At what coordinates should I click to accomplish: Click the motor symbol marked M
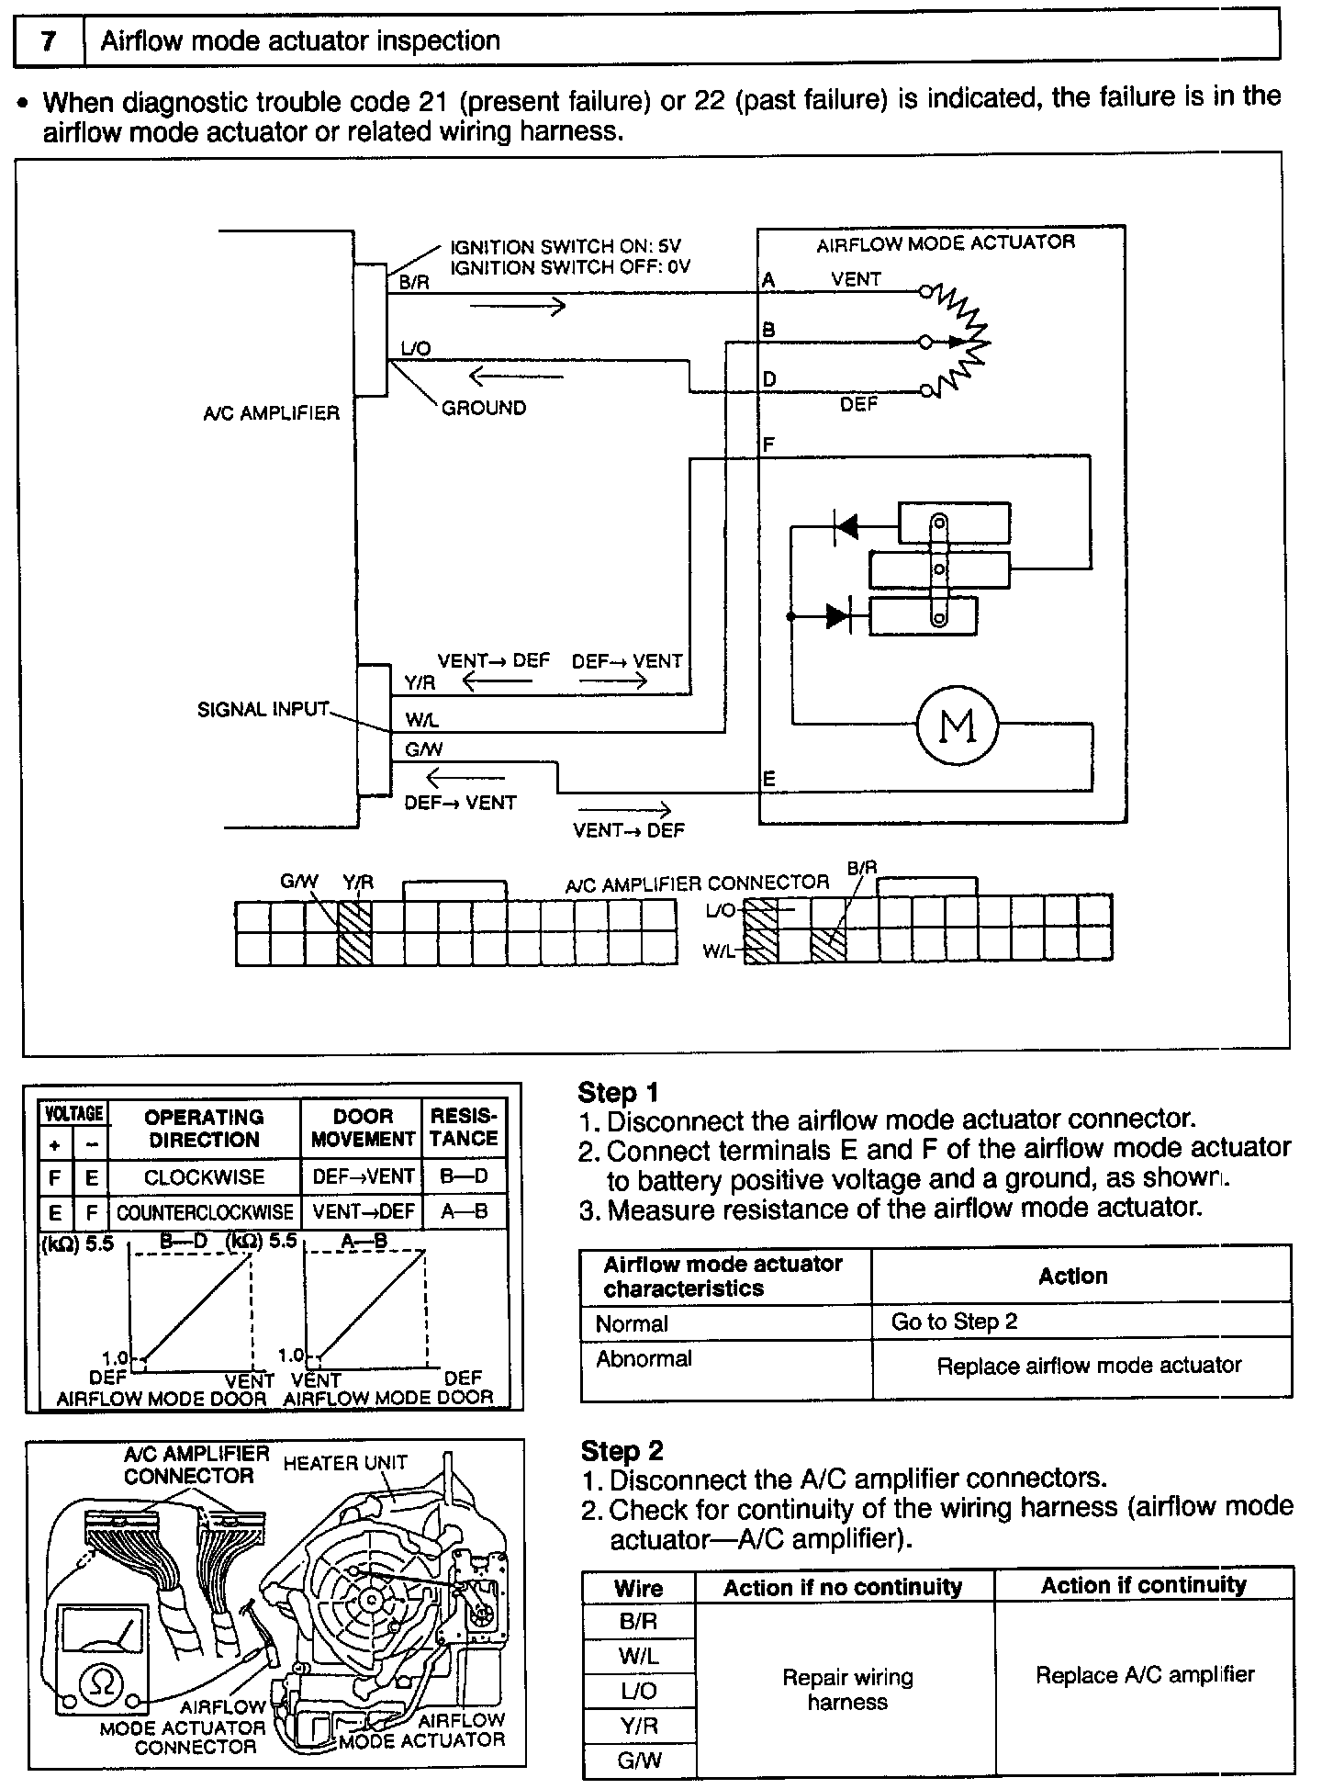(958, 726)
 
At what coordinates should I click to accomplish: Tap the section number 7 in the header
(49, 41)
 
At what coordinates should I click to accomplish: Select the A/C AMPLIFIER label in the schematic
(271, 413)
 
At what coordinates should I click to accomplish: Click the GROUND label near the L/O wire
(484, 408)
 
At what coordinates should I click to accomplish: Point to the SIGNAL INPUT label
(263, 709)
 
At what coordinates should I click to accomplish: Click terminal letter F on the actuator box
(769, 444)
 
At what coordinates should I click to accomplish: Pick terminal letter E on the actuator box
(769, 779)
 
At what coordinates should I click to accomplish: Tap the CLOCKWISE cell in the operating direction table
(204, 1176)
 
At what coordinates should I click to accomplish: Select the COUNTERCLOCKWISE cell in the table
(204, 1211)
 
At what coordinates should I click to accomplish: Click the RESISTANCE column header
(464, 1127)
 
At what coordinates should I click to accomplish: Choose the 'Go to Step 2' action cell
(954, 1322)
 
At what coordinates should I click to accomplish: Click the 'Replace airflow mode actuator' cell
(1089, 1366)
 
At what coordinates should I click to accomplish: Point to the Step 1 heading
(619, 1092)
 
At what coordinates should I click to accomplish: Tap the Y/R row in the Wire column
(638, 1726)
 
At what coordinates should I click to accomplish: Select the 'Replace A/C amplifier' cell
(1144, 1674)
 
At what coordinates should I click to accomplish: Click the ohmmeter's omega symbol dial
(102, 1682)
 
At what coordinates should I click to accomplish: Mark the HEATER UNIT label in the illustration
(344, 1463)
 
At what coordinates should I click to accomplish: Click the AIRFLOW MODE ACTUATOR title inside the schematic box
(945, 243)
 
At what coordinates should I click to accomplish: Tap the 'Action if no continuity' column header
(842, 1588)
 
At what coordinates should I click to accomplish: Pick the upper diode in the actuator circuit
(846, 526)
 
